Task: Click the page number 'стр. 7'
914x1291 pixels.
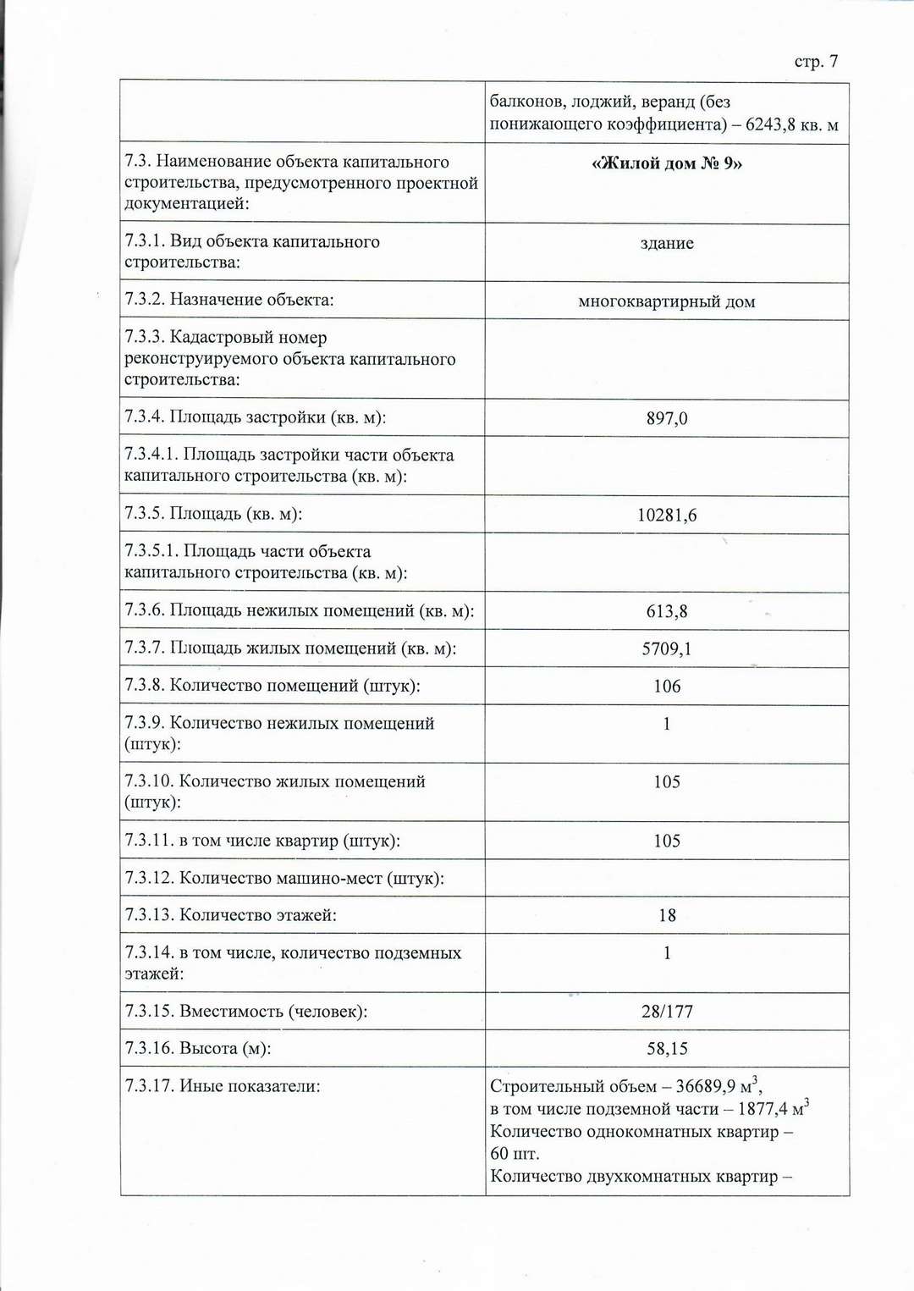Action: click(816, 62)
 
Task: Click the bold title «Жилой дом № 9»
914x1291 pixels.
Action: click(667, 163)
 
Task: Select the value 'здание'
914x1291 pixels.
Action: click(667, 244)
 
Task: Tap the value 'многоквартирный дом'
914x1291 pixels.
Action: click(667, 302)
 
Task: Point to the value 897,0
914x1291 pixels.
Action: click(667, 419)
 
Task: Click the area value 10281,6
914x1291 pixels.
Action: click(667, 516)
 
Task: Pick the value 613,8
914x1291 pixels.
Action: click(667, 612)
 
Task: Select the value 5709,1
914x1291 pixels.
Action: click(667, 649)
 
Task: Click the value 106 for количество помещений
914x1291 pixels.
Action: click(667, 687)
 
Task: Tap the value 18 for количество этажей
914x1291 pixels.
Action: click(667, 916)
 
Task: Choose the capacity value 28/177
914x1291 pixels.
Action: click(667, 1012)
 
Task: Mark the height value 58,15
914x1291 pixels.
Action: click(667, 1049)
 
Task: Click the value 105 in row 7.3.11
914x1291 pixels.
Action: click(667, 841)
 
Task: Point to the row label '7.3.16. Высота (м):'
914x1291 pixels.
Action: click(198, 1049)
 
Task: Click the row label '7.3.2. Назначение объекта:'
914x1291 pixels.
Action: click(229, 300)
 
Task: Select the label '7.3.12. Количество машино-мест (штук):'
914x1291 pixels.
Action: click(284, 879)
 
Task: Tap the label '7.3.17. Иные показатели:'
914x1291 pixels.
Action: click(223, 1086)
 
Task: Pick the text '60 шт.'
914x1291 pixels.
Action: click(515, 1154)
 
